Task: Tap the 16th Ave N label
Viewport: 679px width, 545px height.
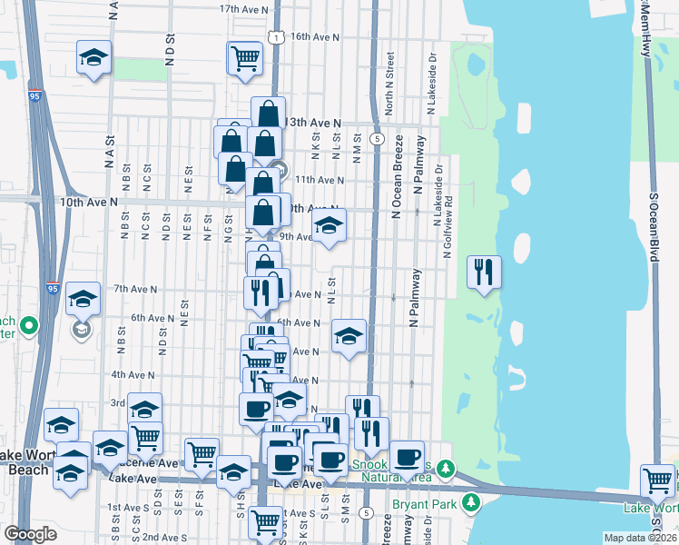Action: [x=314, y=38]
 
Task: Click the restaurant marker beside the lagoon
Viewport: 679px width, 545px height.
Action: [x=483, y=272]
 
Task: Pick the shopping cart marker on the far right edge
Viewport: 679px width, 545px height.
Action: [x=657, y=481]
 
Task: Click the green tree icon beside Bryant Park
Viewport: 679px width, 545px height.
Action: [x=470, y=501]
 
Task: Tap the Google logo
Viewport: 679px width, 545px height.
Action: [x=30, y=533]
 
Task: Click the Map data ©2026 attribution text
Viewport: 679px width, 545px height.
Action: [x=640, y=537]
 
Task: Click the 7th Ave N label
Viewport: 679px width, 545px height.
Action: [x=133, y=289]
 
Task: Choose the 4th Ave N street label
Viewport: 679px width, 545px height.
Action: [x=133, y=374]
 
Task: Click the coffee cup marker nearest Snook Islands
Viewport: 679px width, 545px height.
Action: [x=407, y=455]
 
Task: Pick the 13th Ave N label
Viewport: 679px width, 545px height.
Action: [x=314, y=123]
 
